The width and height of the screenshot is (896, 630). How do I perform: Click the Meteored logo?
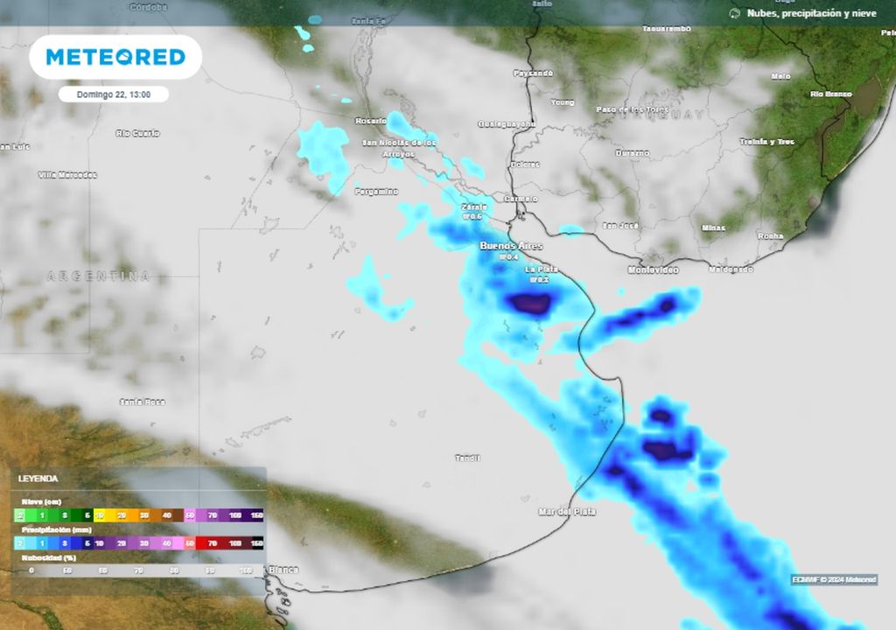tap(115, 57)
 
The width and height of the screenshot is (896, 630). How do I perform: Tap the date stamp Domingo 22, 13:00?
tap(113, 94)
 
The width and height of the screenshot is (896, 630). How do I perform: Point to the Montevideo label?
tap(653, 270)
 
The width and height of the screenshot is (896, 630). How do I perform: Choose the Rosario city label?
tap(371, 121)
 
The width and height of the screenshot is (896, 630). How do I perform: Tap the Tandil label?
tap(468, 458)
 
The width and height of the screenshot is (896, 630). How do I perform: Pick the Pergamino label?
tap(376, 191)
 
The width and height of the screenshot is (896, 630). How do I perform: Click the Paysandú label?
tap(534, 73)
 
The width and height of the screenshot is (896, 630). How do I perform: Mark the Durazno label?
tap(633, 153)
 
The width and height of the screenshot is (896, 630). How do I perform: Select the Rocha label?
tap(770, 236)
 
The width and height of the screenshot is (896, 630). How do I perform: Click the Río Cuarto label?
tap(138, 133)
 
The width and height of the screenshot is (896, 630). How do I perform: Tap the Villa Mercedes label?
tap(68, 175)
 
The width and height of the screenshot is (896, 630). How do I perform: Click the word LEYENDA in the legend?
tap(38, 479)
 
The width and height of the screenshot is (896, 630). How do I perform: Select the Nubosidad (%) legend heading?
tap(48, 556)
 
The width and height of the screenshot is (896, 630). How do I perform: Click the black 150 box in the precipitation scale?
tap(256, 543)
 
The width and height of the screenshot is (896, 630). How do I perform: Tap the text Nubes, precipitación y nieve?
tap(810, 13)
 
